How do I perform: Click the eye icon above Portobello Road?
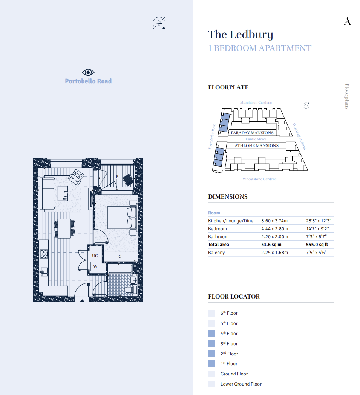pyautogui.click(x=88, y=72)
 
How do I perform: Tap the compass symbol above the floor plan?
pyautogui.click(x=159, y=23)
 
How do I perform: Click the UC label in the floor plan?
pyautogui.click(x=95, y=256)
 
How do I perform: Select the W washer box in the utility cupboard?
pyautogui.click(x=95, y=266)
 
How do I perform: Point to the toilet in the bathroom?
pyautogui.click(x=129, y=290)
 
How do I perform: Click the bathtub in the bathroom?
pyautogui.click(x=120, y=268)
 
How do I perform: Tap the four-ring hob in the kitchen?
pyautogui.click(x=44, y=254)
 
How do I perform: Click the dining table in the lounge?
pyautogui.click(x=64, y=228)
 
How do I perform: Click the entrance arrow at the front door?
pyautogui.click(x=82, y=300)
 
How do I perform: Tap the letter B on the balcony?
pyautogui.click(x=117, y=177)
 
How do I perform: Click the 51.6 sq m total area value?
pyautogui.click(x=271, y=245)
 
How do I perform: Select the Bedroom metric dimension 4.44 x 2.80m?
pyautogui.click(x=274, y=229)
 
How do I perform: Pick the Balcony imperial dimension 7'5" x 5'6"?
pyautogui.click(x=316, y=253)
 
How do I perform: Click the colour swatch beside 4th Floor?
pyautogui.click(x=211, y=334)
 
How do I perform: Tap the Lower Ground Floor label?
pyautogui.click(x=241, y=384)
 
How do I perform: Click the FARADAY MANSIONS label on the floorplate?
pyautogui.click(x=252, y=133)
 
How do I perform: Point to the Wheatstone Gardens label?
pyautogui.click(x=259, y=179)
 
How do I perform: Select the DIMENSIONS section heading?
pyautogui.click(x=228, y=197)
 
